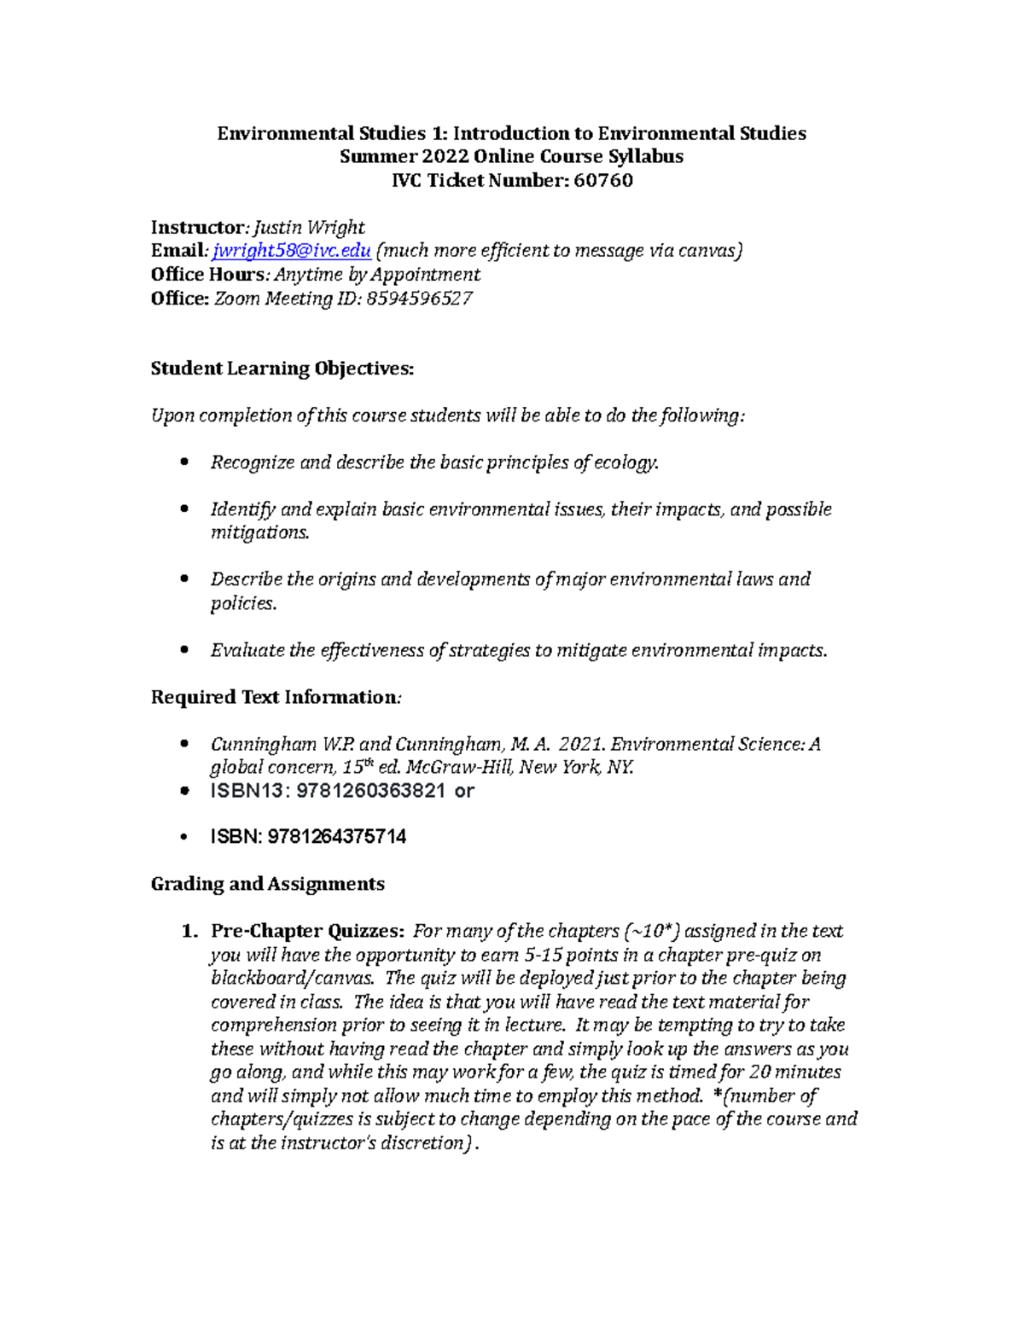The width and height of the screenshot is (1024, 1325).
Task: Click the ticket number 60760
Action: [603, 180]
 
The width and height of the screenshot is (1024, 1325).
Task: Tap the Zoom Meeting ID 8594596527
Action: [419, 299]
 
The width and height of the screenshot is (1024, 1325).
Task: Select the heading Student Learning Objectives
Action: [282, 369]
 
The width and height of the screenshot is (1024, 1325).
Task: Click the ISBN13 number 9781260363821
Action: [369, 791]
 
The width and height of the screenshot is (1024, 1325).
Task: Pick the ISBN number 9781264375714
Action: [337, 837]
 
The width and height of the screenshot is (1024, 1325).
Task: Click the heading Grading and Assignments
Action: [267, 884]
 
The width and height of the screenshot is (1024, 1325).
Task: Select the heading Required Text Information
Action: [274, 697]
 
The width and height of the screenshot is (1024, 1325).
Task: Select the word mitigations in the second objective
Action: [260, 532]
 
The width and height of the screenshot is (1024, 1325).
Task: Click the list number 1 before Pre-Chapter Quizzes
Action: [189, 931]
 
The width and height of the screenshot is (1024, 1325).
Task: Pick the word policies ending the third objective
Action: [242, 603]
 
